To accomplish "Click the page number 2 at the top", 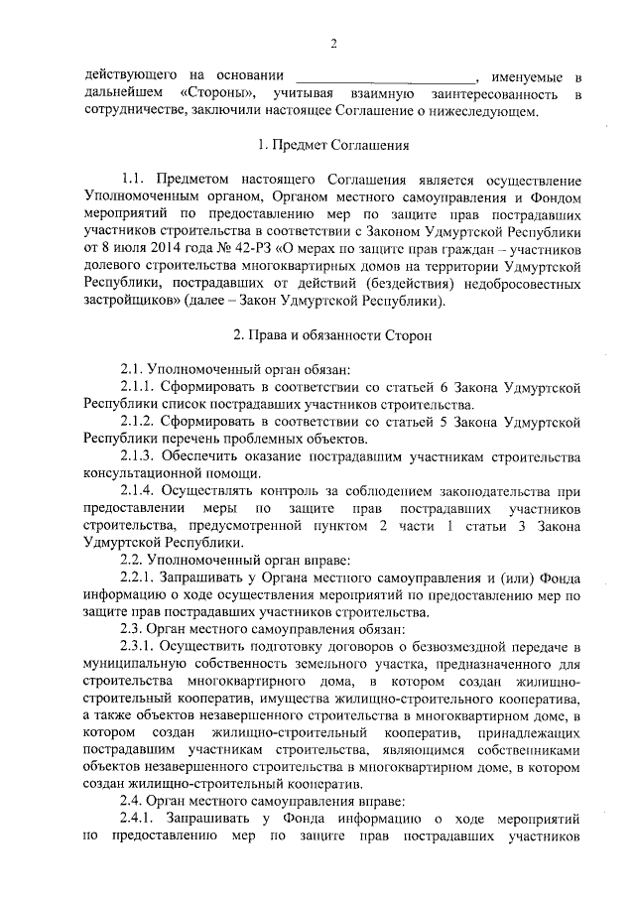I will tap(334, 43).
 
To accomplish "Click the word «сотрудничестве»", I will tap(140, 111).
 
